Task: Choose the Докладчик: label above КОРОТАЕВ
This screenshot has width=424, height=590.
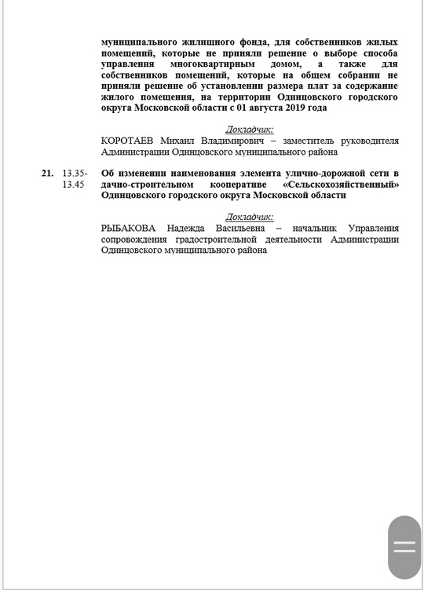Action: coord(250,129)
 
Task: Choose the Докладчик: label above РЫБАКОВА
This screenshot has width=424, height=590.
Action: coord(250,216)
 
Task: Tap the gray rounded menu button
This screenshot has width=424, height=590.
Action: coord(404,548)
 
